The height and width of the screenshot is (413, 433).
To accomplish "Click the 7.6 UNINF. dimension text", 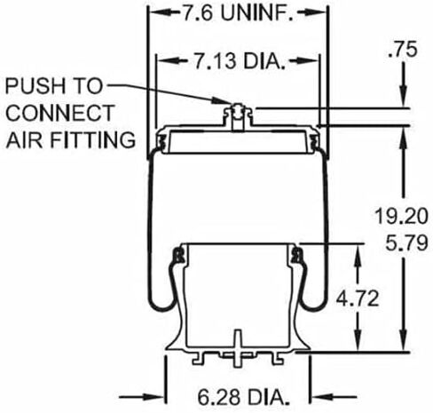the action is click(x=238, y=13).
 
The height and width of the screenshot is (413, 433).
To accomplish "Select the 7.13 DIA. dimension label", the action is click(x=240, y=60).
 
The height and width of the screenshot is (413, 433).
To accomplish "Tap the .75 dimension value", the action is click(x=402, y=50).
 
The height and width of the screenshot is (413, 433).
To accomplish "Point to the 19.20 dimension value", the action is click(x=401, y=216).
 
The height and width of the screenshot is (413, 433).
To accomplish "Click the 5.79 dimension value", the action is click(x=406, y=242).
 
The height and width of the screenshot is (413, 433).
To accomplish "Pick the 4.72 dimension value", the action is click(x=358, y=298).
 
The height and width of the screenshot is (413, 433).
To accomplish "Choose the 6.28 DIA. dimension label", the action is click(x=243, y=397).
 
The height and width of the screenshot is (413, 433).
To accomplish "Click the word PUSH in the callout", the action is click(x=35, y=86).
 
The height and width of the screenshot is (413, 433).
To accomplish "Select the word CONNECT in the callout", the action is click(x=60, y=113).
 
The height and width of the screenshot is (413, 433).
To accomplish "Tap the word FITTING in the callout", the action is click(x=92, y=139).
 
